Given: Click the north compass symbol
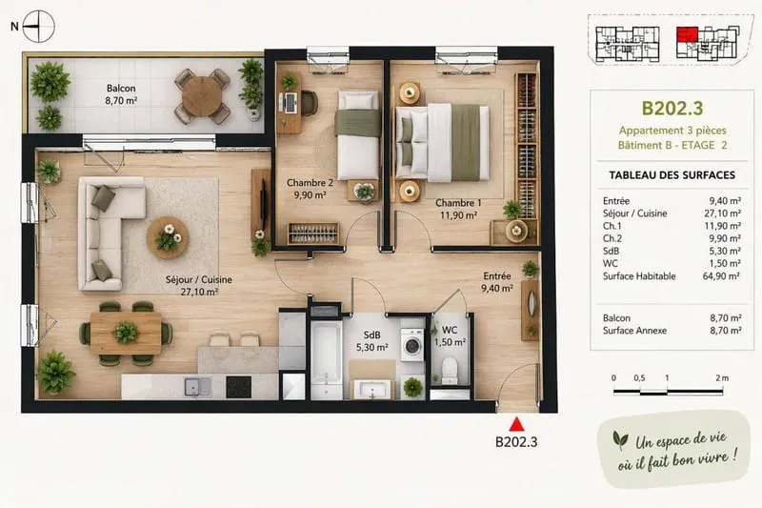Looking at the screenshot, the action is (38, 26).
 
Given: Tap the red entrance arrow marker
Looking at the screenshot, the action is (516, 424).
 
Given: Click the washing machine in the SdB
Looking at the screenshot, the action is (412, 345).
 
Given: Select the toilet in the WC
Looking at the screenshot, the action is (450, 370).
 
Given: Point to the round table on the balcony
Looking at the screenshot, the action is (201, 96).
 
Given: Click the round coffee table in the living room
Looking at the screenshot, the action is (168, 237).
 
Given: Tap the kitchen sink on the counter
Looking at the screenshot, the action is (198, 387).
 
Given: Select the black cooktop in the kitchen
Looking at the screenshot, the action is (239, 387).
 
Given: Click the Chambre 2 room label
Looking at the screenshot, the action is (310, 183).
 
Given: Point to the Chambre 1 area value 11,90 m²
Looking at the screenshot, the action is (458, 214).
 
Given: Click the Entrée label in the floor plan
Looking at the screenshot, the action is (496, 276).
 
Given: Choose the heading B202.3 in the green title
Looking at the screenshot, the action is (672, 109).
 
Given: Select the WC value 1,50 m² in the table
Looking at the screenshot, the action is (724, 263).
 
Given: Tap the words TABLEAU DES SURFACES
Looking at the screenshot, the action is (672, 175).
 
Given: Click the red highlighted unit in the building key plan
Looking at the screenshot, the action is (687, 35).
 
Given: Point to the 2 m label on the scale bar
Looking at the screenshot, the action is (722, 377).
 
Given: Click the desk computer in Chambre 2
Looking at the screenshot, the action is (290, 102).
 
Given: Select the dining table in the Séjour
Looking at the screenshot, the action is (126, 333).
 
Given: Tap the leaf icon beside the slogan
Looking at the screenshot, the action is (620, 439).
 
